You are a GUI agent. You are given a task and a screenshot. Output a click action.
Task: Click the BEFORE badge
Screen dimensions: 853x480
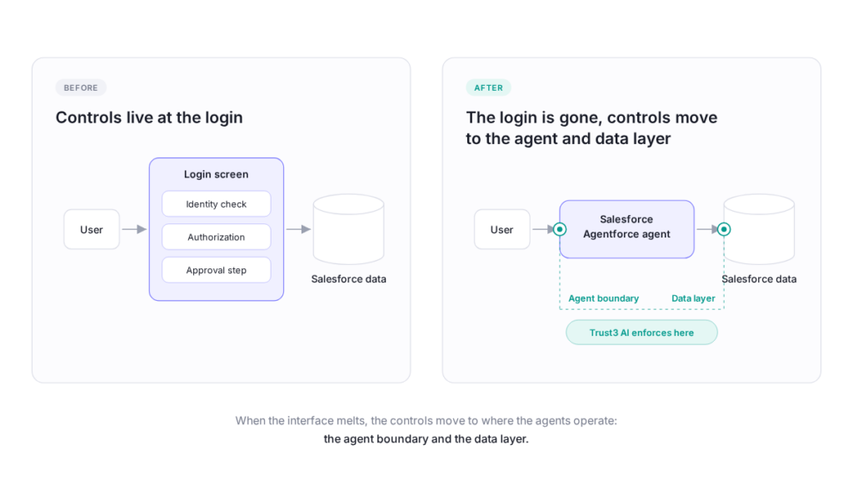(x=81, y=87)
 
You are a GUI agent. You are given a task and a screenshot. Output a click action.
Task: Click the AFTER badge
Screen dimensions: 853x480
(x=488, y=87)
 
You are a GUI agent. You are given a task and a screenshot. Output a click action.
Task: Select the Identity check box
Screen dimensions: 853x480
(x=216, y=204)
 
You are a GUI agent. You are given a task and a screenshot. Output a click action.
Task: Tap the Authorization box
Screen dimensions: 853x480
(x=216, y=237)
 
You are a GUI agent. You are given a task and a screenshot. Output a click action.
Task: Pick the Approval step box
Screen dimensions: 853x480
(x=216, y=271)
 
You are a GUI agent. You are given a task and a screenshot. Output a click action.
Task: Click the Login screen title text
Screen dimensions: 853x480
(x=216, y=174)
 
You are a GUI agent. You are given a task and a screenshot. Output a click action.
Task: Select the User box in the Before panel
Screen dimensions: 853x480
(x=92, y=230)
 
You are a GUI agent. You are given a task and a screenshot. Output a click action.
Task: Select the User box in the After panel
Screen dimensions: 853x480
(x=501, y=230)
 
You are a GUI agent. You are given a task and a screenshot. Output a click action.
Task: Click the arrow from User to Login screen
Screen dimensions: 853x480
(x=134, y=230)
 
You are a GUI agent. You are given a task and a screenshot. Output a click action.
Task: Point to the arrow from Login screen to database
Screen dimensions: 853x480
(x=299, y=230)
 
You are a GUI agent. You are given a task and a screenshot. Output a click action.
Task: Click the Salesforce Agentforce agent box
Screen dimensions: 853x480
(x=626, y=229)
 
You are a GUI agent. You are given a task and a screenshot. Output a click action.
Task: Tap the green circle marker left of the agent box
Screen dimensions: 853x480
(x=559, y=229)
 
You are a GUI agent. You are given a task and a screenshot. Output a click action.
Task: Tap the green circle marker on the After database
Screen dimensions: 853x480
(x=724, y=229)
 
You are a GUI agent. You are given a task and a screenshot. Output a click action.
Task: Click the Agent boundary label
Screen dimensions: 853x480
(x=603, y=298)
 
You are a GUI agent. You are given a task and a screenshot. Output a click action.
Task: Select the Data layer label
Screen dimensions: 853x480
(x=693, y=298)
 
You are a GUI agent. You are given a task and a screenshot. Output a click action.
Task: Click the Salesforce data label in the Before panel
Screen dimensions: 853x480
(x=349, y=279)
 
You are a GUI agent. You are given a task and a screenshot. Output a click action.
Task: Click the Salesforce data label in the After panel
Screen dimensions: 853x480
(x=759, y=279)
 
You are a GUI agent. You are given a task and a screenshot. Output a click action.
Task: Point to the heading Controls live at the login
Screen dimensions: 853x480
(x=149, y=117)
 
